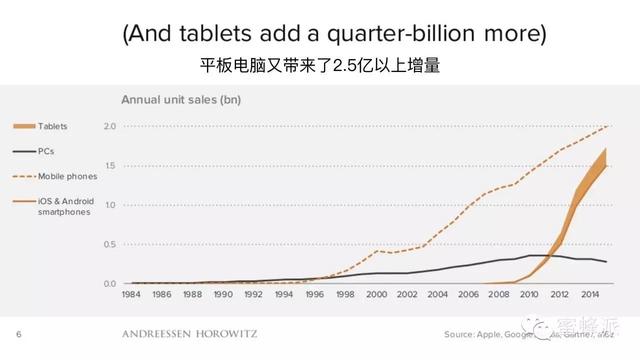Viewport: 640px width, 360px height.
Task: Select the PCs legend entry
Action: (x=46, y=150)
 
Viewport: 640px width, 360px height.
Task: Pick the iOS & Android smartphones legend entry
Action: (x=67, y=205)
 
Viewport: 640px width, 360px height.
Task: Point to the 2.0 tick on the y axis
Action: (x=110, y=126)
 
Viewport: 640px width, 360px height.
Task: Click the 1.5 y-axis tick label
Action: (x=110, y=165)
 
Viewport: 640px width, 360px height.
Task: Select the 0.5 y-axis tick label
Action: (x=110, y=244)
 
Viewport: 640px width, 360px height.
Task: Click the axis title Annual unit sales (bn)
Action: (x=181, y=99)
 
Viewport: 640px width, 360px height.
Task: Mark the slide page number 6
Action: (x=18, y=334)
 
